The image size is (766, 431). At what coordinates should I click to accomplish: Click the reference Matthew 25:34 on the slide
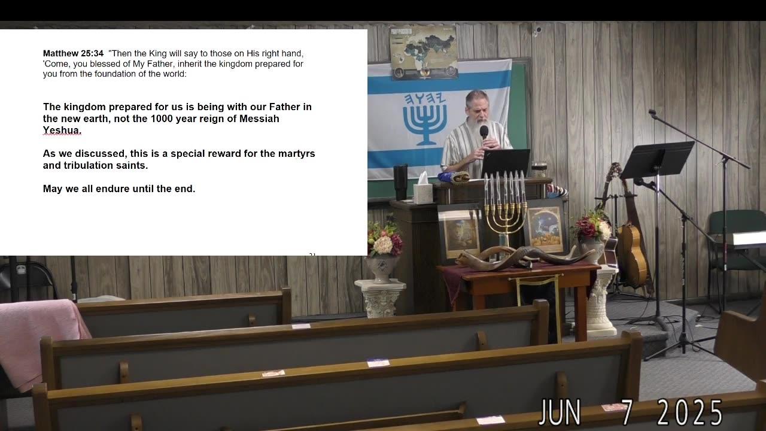73,53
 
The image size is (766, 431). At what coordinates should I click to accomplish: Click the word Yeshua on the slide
62,130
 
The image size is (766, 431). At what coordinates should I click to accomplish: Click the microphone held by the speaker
484,136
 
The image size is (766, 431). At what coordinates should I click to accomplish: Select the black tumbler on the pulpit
400,183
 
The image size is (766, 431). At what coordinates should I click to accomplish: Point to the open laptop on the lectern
505,163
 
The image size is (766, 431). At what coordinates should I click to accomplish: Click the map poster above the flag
424,52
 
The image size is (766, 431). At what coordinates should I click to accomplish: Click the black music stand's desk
657,160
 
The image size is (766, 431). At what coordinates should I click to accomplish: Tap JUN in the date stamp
560,412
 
